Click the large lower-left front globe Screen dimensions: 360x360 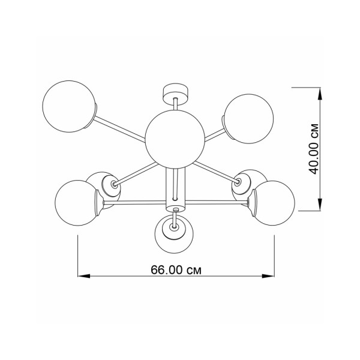click(x=78, y=203)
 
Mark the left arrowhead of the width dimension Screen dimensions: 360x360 click(x=85, y=276)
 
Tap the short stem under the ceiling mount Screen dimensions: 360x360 click(x=175, y=106)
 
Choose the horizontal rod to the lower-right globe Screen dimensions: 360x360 click(x=219, y=204)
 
